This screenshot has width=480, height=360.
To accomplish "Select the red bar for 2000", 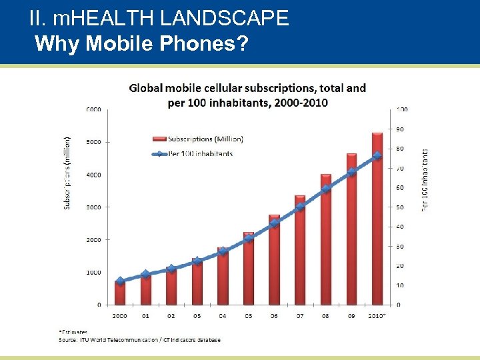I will (x=120, y=293).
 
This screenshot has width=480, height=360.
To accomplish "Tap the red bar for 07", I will (x=300, y=250).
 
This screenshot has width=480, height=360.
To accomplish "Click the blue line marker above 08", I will (x=326, y=189).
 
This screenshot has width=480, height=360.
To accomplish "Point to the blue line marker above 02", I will (x=171, y=269).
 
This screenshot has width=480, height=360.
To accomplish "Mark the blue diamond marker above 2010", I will (x=377, y=155).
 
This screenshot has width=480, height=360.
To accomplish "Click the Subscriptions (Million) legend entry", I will (x=196, y=139).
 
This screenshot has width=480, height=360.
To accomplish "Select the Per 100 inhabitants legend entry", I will (x=193, y=153).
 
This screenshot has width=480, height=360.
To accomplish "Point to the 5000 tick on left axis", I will (x=93, y=142).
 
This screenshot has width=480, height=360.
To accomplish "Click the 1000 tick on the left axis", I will (x=93, y=272).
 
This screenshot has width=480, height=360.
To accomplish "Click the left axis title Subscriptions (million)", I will (x=67, y=173).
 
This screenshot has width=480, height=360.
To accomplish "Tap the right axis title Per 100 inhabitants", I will (x=425, y=180).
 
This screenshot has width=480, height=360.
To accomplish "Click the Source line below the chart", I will (x=140, y=339).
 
